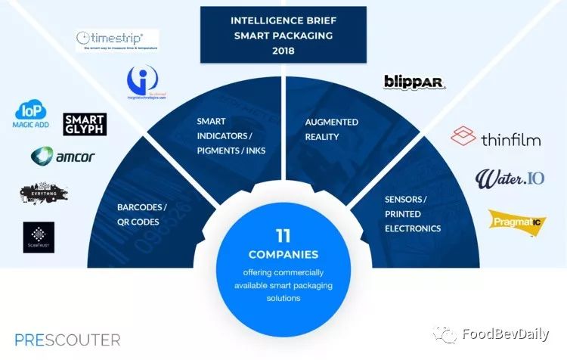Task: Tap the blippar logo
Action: (414, 82)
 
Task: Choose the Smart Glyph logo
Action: (85, 124)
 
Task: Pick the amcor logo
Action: (63, 157)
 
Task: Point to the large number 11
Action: (283, 236)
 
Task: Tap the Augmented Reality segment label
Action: (331, 128)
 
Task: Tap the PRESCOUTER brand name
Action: (67, 340)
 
